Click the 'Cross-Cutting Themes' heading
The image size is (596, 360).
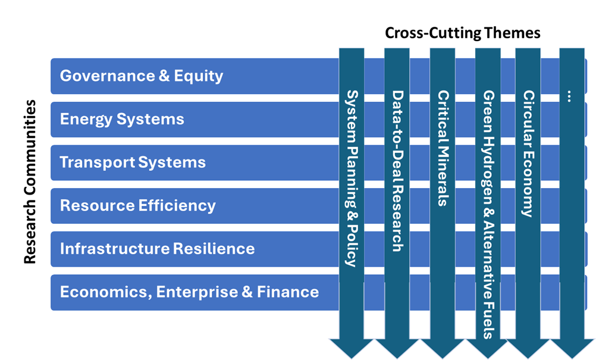[x=463, y=33]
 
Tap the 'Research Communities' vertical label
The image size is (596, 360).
[x=30, y=181]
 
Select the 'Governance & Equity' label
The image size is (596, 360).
[x=142, y=76]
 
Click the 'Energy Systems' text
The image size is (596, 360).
[x=122, y=120]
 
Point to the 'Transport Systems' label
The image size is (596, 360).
[x=133, y=162]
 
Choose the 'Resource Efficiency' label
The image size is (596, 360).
[x=137, y=206]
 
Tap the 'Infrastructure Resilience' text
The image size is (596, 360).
[x=158, y=249]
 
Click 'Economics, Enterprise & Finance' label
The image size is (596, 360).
[x=189, y=292]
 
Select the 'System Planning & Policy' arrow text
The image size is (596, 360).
[x=352, y=179]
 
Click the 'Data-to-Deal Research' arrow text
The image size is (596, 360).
[x=397, y=171]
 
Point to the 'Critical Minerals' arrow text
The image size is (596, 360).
[x=443, y=148]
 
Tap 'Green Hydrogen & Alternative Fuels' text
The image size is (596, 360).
[x=488, y=214]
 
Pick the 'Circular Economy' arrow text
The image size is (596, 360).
[x=528, y=154]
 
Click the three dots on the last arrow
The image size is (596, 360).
[x=569, y=96]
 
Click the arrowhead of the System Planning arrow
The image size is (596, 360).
[x=352, y=347]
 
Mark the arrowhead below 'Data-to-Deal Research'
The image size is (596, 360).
[x=397, y=347]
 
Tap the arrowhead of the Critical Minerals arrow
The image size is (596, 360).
[x=443, y=347]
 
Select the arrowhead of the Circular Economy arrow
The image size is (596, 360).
[x=528, y=347]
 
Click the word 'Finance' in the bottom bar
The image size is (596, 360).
[x=288, y=292]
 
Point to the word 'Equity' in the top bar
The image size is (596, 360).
[x=199, y=76]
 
